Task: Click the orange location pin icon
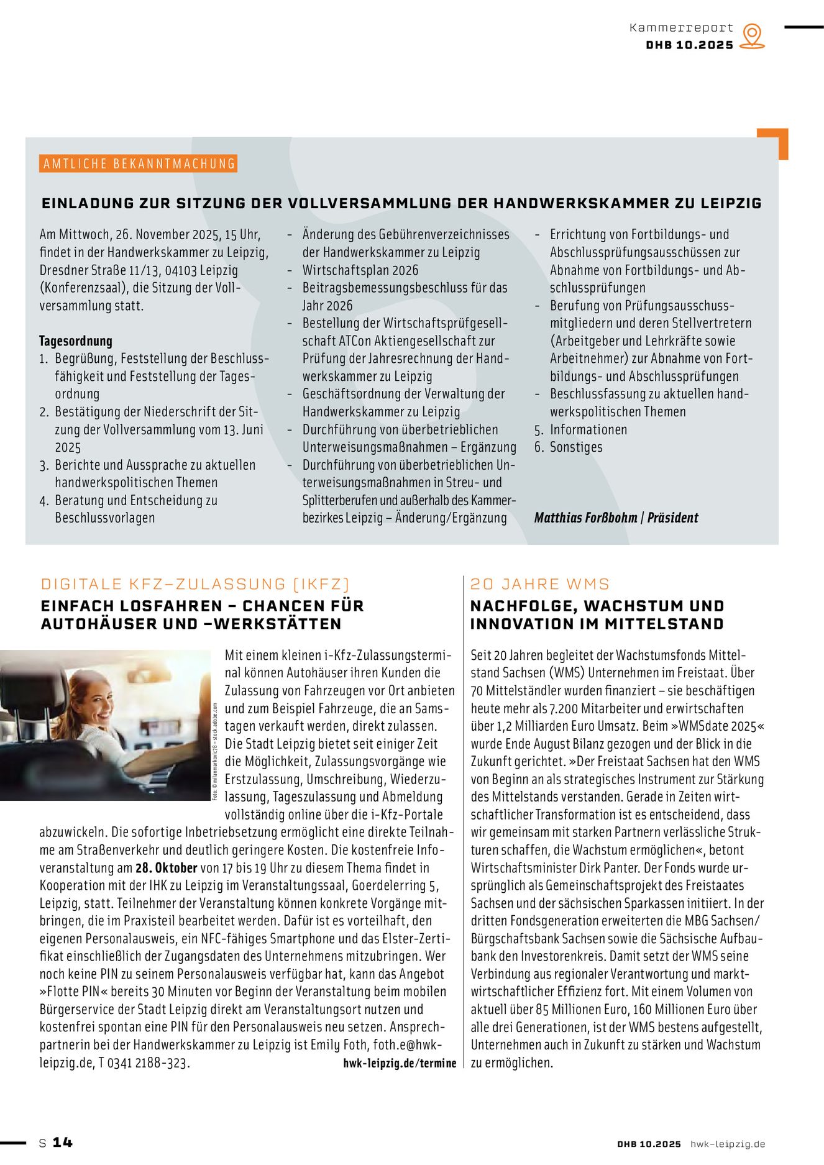[753, 35]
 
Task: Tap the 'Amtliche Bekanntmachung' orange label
[139, 163]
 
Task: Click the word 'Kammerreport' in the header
[681, 27]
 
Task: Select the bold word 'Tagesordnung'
[76, 340]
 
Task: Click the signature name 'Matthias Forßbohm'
[585, 518]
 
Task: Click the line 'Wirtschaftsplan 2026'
[360, 270]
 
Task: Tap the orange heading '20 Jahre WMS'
[539, 584]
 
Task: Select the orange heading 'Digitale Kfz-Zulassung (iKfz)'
[195, 584]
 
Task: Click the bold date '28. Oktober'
[166, 868]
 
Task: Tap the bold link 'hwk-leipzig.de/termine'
[400, 1063]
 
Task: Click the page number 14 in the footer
[62, 1142]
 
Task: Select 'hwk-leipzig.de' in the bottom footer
[728, 1144]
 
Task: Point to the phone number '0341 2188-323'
[148, 1063]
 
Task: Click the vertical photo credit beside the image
[216, 752]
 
